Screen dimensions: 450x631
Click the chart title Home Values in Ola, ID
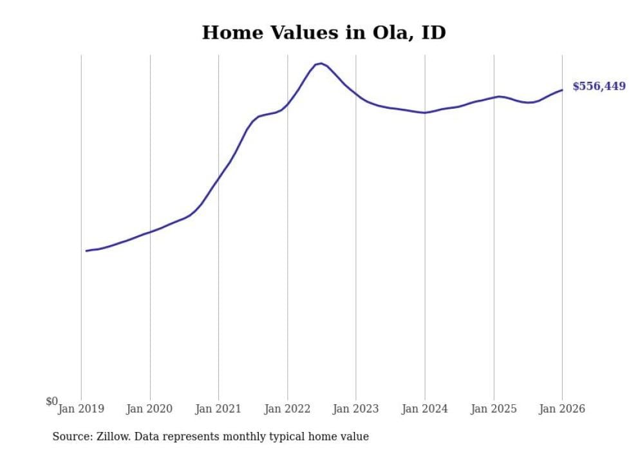[324, 33]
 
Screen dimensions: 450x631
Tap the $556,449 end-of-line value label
[598, 86]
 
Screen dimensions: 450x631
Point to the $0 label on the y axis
[52, 402]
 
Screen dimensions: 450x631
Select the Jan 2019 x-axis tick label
[81, 409]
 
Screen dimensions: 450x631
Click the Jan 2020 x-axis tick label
[150, 409]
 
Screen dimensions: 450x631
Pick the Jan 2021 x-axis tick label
[218, 409]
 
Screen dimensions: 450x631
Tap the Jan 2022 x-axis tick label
[287, 409]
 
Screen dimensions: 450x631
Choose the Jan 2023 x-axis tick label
[356, 409]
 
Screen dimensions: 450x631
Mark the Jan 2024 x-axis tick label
[425, 409]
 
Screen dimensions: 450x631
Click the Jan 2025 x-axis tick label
[494, 409]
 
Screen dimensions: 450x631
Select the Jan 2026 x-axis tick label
[562, 409]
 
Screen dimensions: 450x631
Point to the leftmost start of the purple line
[86, 250]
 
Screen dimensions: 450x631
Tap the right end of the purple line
[562, 89]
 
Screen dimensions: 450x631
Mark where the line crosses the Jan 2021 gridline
[218, 178]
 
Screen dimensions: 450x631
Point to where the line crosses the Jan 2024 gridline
[425, 113]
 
